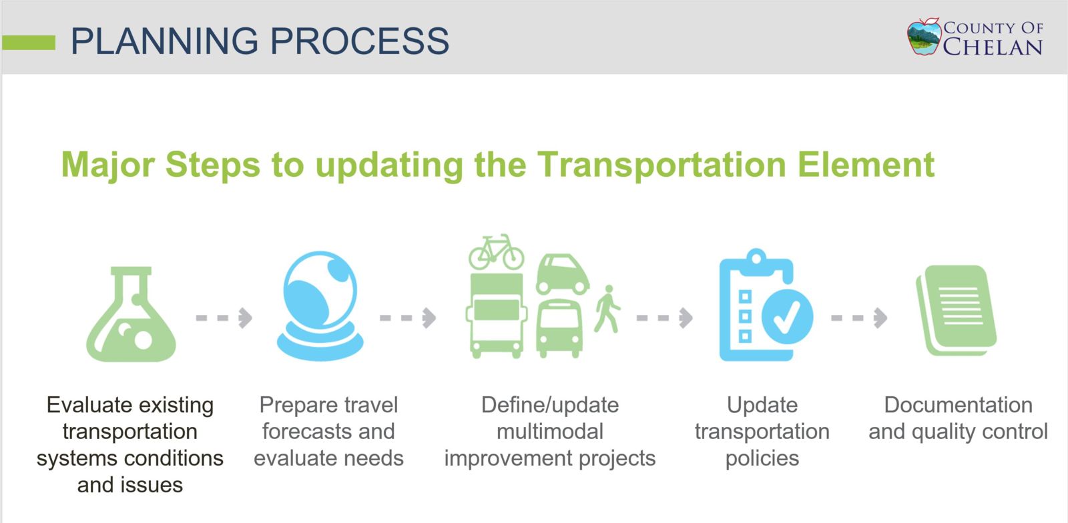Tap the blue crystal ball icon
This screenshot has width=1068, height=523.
[320, 306]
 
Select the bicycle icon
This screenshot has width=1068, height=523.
[497, 252]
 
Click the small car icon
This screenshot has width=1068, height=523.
[563, 274]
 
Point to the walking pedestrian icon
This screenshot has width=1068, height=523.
[607, 309]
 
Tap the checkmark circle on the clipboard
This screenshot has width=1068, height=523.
[787, 316]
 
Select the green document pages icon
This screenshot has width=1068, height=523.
[957, 311]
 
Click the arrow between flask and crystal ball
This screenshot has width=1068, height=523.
[224, 318]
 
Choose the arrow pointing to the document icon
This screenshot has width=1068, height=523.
[859, 318]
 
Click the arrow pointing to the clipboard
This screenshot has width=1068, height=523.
[665, 318]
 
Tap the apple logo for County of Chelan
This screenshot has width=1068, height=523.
[924, 37]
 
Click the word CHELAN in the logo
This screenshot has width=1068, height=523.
[993, 47]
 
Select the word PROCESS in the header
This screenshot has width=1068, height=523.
[360, 41]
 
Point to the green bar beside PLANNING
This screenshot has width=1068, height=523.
[29, 43]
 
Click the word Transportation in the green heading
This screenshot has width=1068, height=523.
[661, 165]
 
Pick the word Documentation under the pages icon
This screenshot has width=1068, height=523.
[959, 405]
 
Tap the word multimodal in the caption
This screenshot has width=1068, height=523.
[550, 432]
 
